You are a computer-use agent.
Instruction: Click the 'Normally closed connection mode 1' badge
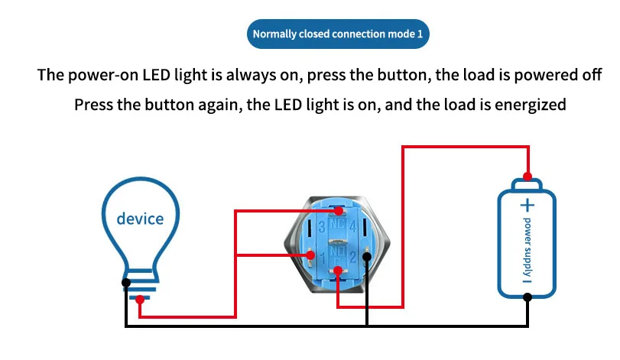tap(337, 34)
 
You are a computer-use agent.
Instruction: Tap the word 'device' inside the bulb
tap(140, 219)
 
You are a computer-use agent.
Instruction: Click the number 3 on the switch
tap(322, 226)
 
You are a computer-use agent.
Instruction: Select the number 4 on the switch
tap(353, 225)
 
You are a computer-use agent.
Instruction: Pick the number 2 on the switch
tap(352, 258)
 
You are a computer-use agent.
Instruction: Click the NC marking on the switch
tap(337, 225)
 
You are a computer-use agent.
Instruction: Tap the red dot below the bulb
tap(140, 300)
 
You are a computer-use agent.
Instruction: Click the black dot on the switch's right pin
tap(368, 256)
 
